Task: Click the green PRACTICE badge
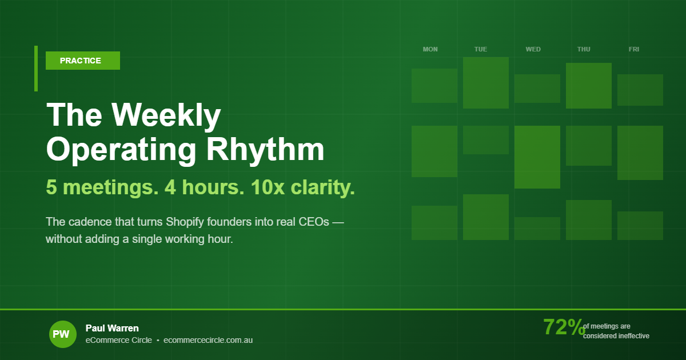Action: click(82, 61)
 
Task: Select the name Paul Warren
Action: click(112, 328)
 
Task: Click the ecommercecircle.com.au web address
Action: click(208, 340)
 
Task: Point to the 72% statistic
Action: click(564, 327)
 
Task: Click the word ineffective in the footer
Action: click(633, 336)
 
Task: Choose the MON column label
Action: click(430, 49)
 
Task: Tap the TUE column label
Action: click(481, 49)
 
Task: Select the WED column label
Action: click(533, 49)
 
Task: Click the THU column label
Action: click(584, 49)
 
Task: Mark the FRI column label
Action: click(634, 49)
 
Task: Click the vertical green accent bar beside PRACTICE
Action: click(36, 69)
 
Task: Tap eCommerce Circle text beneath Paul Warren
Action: click(119, 340)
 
